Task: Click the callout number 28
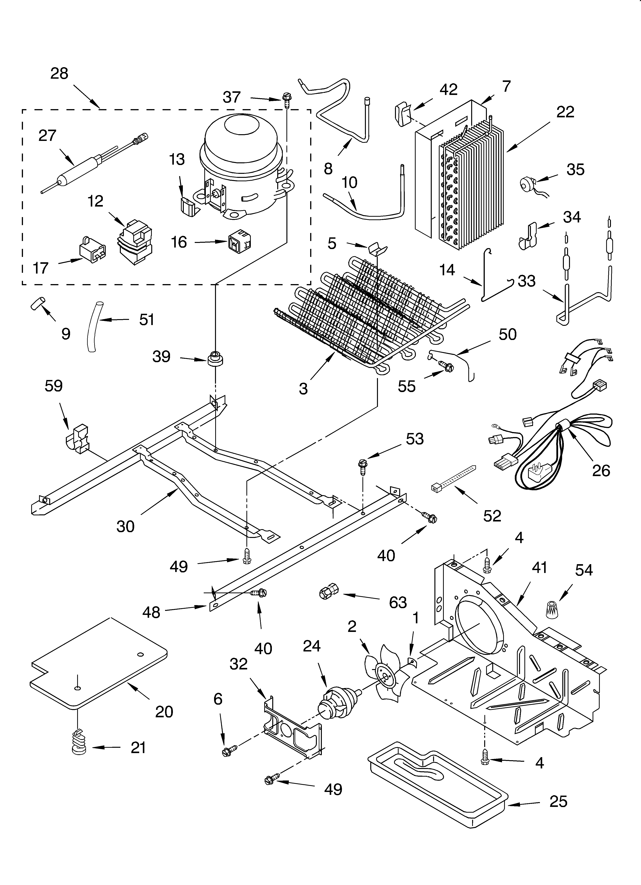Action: click(x=59, y=73)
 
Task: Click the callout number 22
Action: click(x=565, y=112)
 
